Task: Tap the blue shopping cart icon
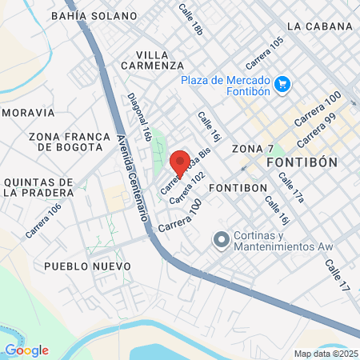[x=281, y=84]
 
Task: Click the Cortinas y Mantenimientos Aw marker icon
[x=219, y=239]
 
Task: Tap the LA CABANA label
[x=319, y=26]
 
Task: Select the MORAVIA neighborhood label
[x=27, y=113]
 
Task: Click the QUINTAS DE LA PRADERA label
[x=39, y=187]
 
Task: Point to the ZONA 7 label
[x=253, y=149]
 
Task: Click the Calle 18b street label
[x=192, y=18]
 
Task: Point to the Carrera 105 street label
[x=265, y=52]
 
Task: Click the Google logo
[x=26, y=350]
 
